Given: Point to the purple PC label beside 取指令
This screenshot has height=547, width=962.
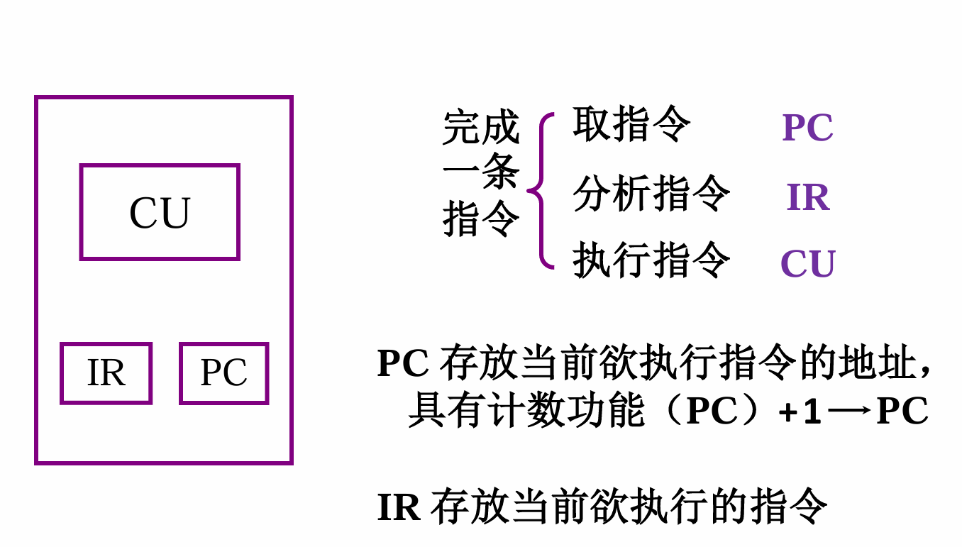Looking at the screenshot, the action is coord(807,127).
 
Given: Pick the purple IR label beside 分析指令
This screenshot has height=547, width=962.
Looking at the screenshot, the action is coord(808,197).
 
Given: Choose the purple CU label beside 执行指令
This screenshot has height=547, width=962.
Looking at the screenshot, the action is coord(808,263).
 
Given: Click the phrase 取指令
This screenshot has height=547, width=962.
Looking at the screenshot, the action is coord(631,124).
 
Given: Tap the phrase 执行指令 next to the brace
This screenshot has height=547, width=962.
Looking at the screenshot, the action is coord(651,260).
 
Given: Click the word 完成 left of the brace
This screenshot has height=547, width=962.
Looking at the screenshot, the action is coord(481,127).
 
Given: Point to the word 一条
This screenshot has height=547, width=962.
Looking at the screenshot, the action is coord(481,172).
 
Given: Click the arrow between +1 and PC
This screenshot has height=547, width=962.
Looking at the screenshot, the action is coord(849,411).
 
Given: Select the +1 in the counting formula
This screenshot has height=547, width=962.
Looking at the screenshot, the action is coord(800,411).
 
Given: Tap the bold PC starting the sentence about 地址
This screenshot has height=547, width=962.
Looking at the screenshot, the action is coord(403,363).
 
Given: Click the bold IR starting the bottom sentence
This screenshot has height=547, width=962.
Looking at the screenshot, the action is coord(399,507).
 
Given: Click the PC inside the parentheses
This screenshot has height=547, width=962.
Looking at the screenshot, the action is coord(712,411).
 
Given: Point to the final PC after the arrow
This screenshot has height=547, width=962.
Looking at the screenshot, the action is coord(902,411).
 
